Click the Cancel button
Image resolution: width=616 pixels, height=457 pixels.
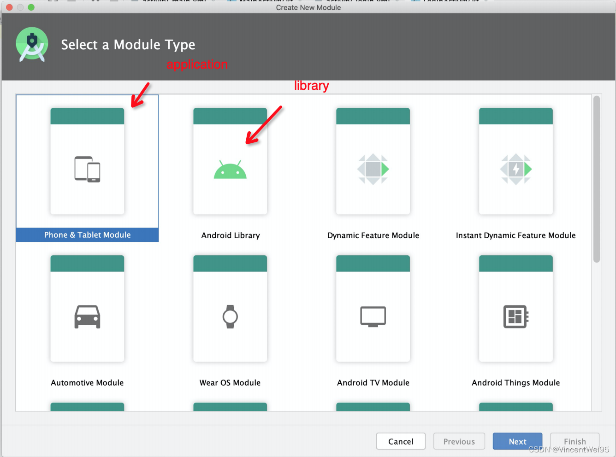coord(401,441)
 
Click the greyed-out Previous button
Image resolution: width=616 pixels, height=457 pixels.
coord(459,441)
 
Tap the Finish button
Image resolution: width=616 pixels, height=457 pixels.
coord(575,441)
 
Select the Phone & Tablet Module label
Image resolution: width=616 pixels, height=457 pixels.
coord(87,235)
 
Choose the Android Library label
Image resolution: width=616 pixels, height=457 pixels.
coord(230,235)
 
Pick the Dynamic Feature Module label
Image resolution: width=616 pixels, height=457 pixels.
coord(373,235)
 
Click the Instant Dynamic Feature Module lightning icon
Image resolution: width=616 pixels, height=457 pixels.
coord(516,169)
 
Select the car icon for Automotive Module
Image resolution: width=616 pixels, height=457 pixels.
coord(87,316)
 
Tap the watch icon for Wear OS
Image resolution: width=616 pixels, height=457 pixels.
coord(230,316)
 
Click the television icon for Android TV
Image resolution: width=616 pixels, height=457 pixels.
coord(373,316)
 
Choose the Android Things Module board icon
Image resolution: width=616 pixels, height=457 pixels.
coord(516,316)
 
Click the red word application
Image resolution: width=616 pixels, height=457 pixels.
coord(197,64)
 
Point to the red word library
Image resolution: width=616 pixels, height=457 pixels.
coord(311,86)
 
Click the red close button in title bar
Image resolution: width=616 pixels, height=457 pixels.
coord(9,7)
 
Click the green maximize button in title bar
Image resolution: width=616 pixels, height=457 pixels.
coord(31,7)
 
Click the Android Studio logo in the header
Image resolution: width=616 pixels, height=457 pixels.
coord(32,44)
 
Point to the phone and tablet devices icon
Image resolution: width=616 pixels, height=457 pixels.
coord(87,169)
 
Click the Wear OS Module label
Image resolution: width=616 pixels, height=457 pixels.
coord(230,383)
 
